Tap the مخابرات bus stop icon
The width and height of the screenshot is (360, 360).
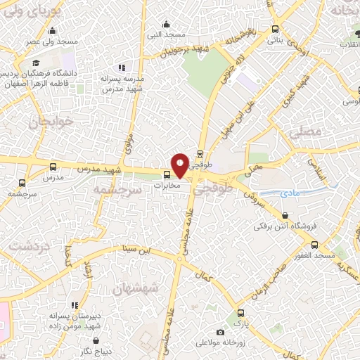point(167,175)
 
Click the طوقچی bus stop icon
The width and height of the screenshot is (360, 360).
point(200,154)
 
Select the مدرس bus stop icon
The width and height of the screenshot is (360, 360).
point(53,167)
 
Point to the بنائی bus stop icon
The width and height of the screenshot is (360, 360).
point(275,30)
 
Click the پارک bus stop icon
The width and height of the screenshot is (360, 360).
point(241,313)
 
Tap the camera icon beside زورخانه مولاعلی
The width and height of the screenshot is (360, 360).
point(220,332)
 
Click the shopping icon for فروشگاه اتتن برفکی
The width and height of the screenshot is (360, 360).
point(285,216)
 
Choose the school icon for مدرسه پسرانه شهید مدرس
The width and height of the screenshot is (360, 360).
point(122,67)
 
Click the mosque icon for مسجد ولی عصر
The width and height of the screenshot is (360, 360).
point(53,30)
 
